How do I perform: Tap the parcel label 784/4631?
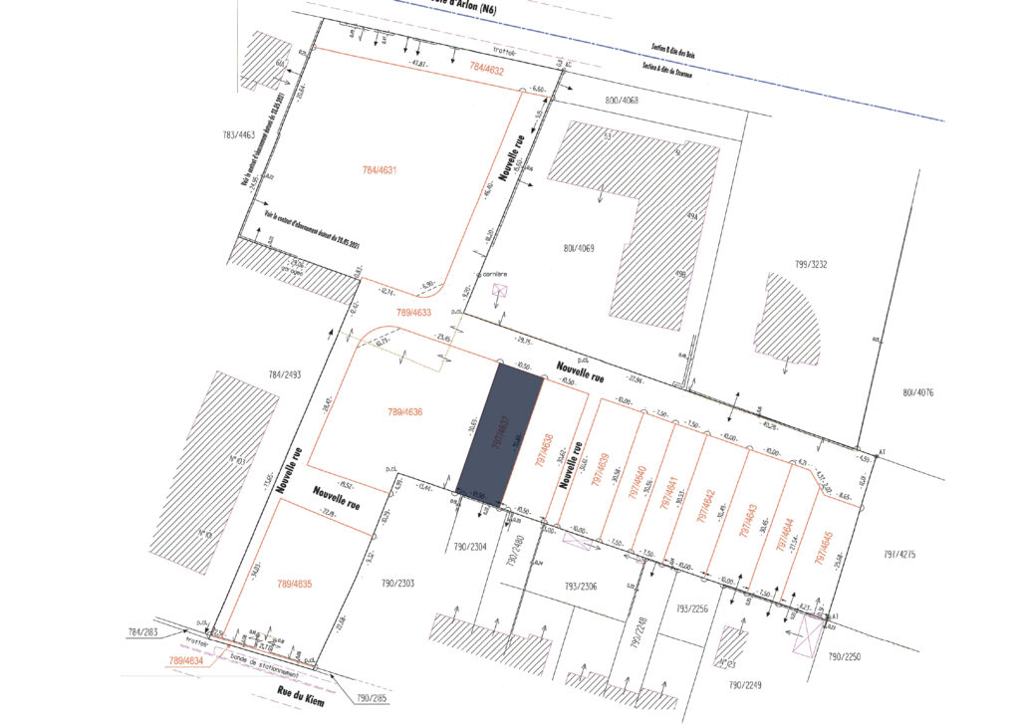click(380, 170)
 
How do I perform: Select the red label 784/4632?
click(493, 70)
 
